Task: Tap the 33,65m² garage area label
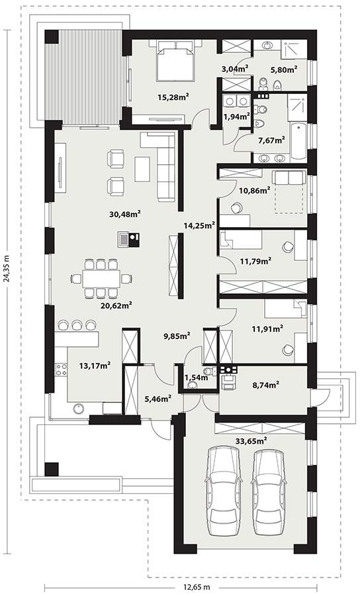coord(251,439)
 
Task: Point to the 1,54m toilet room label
coord(197,377)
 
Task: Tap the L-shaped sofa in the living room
coord(164,162)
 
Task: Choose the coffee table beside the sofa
coord(143,168)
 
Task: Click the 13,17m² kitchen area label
coord(95,364)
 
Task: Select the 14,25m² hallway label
coord(199,225)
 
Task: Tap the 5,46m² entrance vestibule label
coord(158,399)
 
